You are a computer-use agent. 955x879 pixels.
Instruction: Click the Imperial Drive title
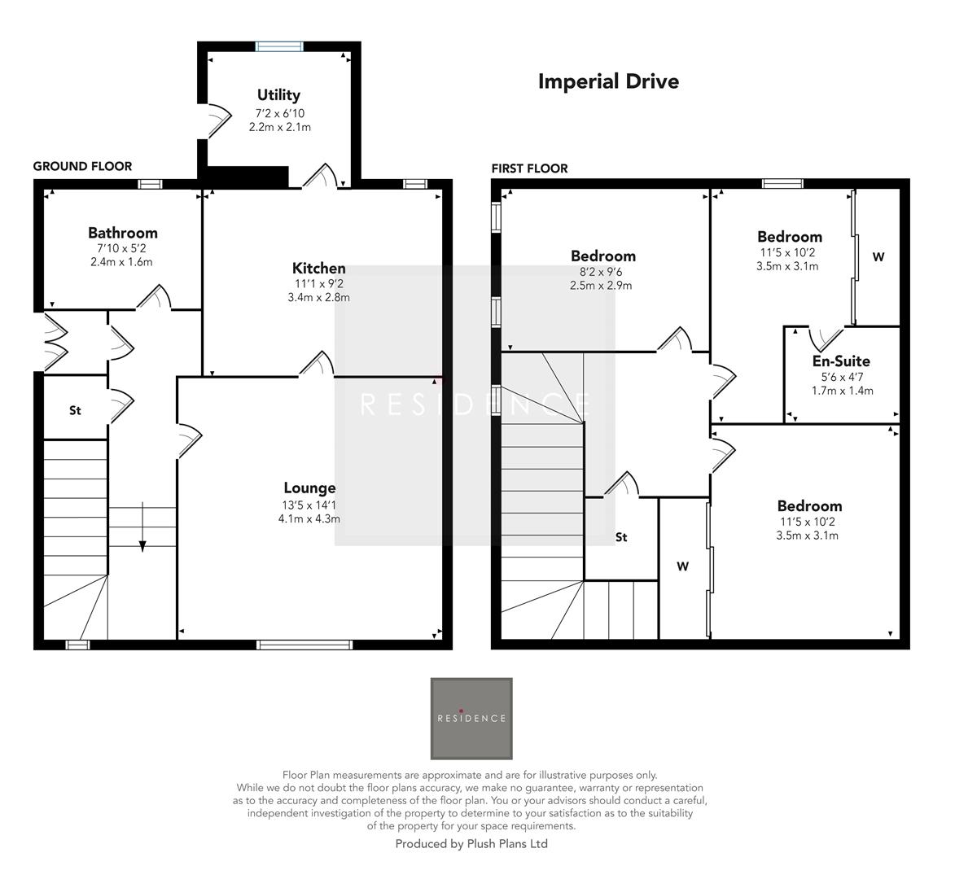tap(608, 81)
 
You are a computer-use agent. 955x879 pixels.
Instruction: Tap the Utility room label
tap(278, 95)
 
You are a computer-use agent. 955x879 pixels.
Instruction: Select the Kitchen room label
tap(318, 268)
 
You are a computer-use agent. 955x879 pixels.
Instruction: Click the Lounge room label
tap(309, 488)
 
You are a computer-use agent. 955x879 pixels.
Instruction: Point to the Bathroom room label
tap(122, 233)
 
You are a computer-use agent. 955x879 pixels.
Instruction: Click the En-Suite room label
tap(841, 361)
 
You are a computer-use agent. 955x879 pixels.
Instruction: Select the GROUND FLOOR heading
tap(82, 166)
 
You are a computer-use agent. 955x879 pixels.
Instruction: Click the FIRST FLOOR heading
tap(529, 168)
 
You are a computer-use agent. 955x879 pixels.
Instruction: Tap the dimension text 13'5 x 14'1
tap(309, 505)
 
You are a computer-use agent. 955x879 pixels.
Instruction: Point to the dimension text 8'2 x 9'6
tap(602, 272)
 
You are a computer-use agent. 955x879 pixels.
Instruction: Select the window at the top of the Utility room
tap(279, 46)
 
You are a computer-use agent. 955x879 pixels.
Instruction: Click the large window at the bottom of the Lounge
tap(304, 645)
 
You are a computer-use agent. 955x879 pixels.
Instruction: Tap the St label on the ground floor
tap(75, 410)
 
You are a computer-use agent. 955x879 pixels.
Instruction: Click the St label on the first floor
tap(621, 537)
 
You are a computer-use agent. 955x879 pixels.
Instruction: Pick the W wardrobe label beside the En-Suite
tap(878, 257)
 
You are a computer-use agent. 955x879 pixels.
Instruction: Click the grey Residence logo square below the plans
tap(471, 718)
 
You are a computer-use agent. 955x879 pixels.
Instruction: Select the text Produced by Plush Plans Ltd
tap(471, 844)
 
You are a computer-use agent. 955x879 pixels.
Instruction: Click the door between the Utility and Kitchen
tap(321, 176)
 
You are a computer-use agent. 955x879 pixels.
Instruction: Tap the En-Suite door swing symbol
tap(826, 335)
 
